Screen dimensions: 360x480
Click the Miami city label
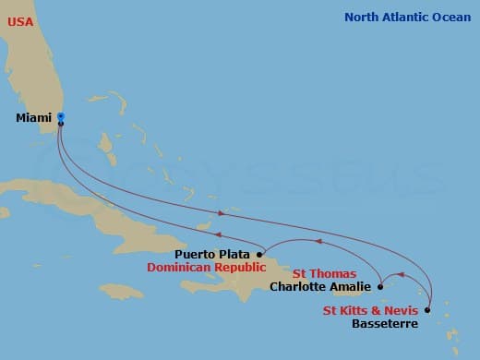(x=34, y=118)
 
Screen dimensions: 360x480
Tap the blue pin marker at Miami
(x=60, y=116)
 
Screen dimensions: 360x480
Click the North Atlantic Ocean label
(x=407, y=18)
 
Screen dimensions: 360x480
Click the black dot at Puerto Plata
(x=259, y=253)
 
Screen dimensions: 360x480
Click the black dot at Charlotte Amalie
(x=380, y=286)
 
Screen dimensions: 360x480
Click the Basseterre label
(x=385, y=324)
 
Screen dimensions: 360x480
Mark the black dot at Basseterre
(x=427, y=310)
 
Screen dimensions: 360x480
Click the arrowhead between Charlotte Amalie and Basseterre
(x=399, y=274)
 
